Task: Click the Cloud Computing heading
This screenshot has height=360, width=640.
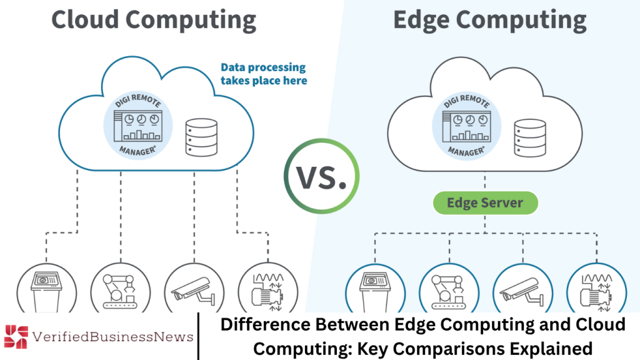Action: click(x=153, y=19)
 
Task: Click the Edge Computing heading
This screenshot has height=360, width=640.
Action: click(x=489, y=19)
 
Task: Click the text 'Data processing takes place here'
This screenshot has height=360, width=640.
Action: click(x=263, y=74)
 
